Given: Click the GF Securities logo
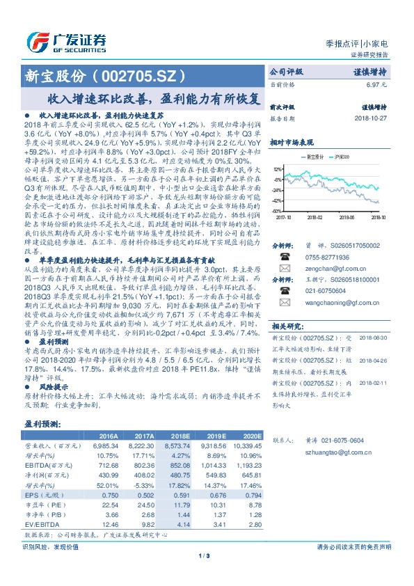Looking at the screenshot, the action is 67,40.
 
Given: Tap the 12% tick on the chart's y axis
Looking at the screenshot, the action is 277,169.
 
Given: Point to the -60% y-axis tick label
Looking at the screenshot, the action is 276,211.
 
